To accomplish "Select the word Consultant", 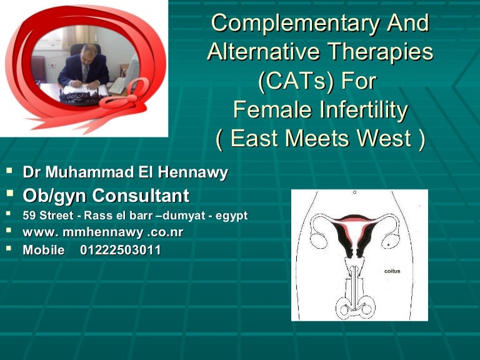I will pyautogui.click(x=141, y=196).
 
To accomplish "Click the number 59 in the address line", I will pyautogui.click(x=29, y=216).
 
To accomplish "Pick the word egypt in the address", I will pyautogui.click(x=231, y=216).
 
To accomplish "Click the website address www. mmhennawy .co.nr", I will pyautogui.click(x=103, y=232).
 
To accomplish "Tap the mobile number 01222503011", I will pyautogui.click(x=121, y=251).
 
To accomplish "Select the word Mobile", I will pyautogui.click(x=43, y=251).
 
